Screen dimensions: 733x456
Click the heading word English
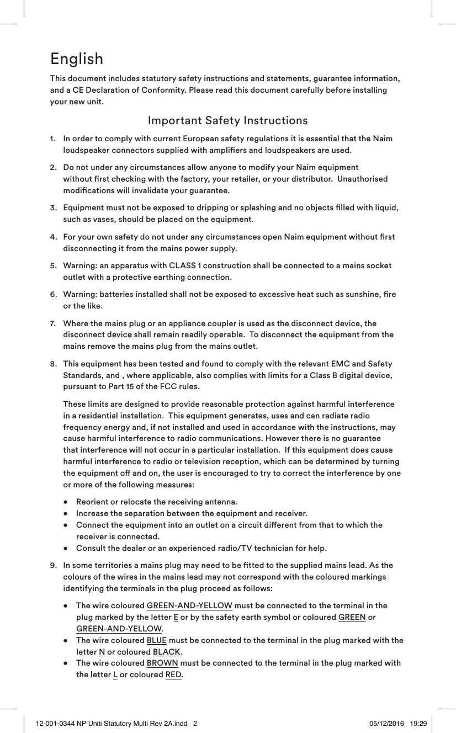coord(76,59)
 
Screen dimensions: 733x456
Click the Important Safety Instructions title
coord(227,120)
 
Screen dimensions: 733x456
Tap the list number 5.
coord(52,266)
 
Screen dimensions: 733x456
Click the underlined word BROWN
coord(162,663)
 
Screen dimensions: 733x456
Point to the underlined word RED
coord(173,675)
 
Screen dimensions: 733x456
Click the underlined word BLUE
coord(156,640)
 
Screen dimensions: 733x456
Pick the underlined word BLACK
coord(166,652)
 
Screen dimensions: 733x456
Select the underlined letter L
coord(115,675)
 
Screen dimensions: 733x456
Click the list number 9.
coord(52,565)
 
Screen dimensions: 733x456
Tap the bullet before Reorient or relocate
coord(66,502)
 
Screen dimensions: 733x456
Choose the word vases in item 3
coord(98,220)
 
